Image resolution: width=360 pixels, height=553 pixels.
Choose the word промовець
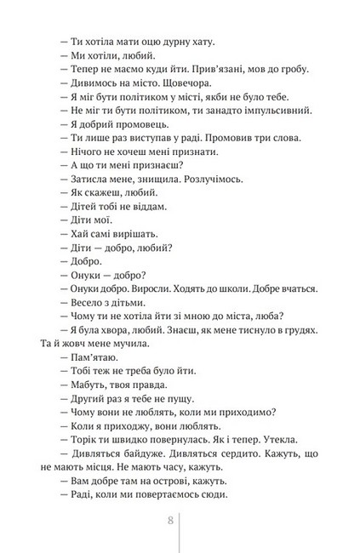pyautogui.click(x=132, y=124)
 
